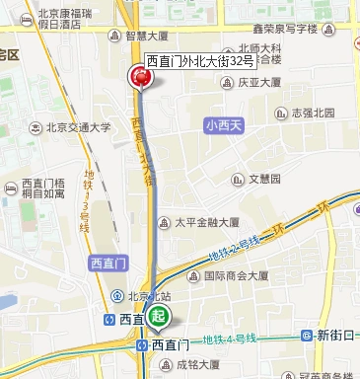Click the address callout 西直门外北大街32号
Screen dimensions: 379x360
click(x=200, y=61)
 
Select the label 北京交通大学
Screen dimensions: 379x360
click(x=78, y=127)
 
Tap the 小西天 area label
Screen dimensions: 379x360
click(x=222, y=126)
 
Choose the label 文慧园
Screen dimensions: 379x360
click(x=263, y=180)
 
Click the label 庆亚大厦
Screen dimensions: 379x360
click(x=262, y=85)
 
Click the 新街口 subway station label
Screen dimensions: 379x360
click(x=334, y=336)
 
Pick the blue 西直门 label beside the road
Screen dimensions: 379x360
click(x=106, y=263)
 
